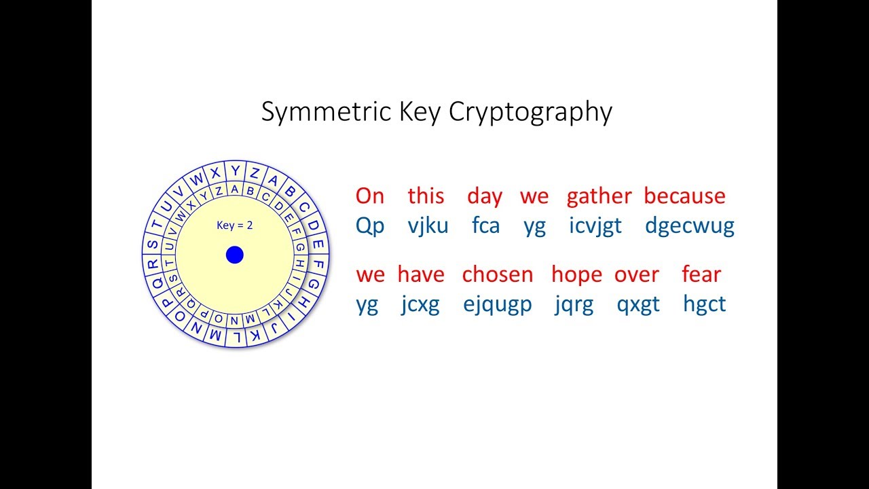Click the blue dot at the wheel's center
(235, 255)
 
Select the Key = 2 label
(235, 225)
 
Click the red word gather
(599, 196)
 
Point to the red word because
(684, 196)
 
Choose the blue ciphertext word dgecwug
(690, 226)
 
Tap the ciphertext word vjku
(428, 225)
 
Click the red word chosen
(498, 274)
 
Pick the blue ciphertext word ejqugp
(498, 305)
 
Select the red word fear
(701, 274)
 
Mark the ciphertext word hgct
(705, 304)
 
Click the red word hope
(576, 275)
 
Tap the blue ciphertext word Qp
(370, 226)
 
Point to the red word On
(370, 196)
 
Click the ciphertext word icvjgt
(595, 226)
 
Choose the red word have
(421, 274)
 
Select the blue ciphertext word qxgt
(638, 305)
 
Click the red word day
(485, 197)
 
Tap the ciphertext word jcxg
(420, 305)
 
